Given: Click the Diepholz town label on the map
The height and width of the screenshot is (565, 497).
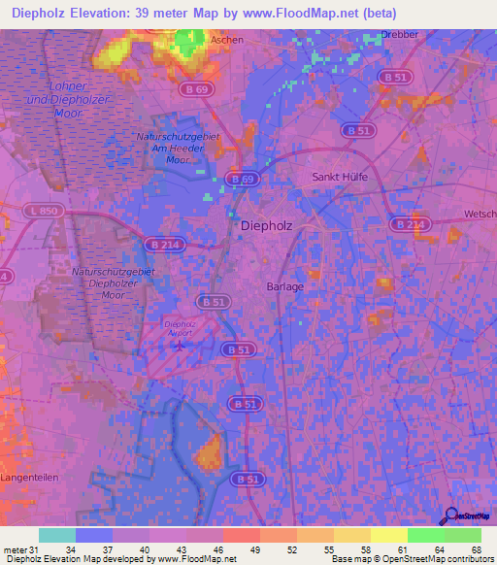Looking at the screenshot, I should click(x=265, y=225).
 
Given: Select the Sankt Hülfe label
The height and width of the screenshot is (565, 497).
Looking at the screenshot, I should click(x=339, y=177).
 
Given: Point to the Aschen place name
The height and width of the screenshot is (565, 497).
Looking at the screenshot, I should click(x=228, y=41).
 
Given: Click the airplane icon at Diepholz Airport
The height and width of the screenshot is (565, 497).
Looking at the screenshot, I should click(x=179, y=343).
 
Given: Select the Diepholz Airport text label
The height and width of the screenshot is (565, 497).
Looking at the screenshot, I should click(x=180, y=327).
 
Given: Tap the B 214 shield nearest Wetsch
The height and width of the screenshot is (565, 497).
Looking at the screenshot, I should click(x=409, y=224).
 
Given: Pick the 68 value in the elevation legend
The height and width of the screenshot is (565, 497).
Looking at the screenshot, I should click(x=476, y=549).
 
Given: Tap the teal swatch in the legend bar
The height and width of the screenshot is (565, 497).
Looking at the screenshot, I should click(x=56, y=535).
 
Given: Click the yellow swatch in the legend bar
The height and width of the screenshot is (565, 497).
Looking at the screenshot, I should click(x=389, y=535).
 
